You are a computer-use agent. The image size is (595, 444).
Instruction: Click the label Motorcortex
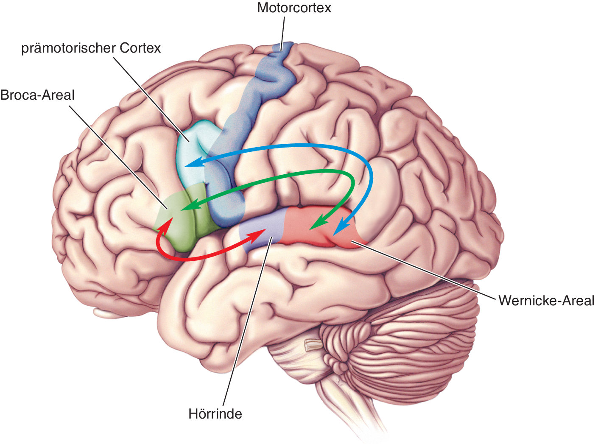click(294, 8)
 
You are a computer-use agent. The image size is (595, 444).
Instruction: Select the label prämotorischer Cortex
click(91, 48)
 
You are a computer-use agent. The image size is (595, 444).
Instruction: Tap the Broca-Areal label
click(37, 95)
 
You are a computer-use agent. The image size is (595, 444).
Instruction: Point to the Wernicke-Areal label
click(546, 301)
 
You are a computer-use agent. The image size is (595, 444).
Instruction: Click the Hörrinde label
click(215, 413)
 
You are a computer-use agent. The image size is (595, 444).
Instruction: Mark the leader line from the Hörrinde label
click(246, 322)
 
